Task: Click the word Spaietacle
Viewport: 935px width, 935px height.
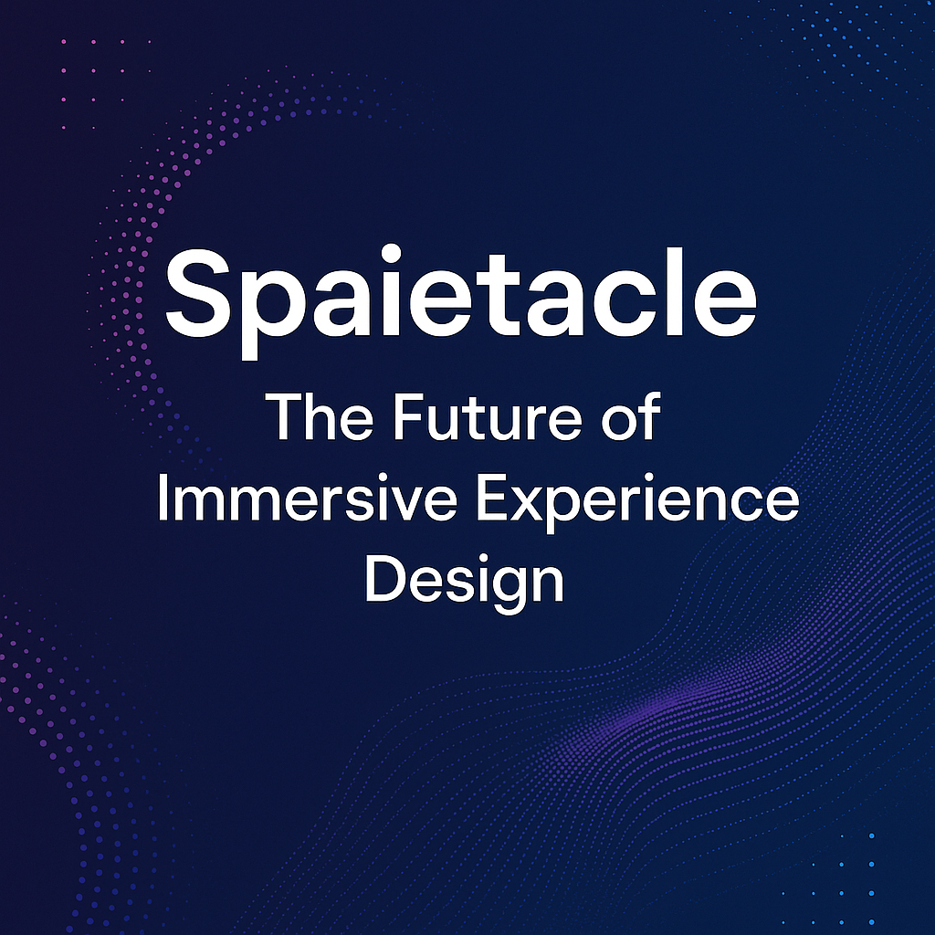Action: (x=460, y=290)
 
